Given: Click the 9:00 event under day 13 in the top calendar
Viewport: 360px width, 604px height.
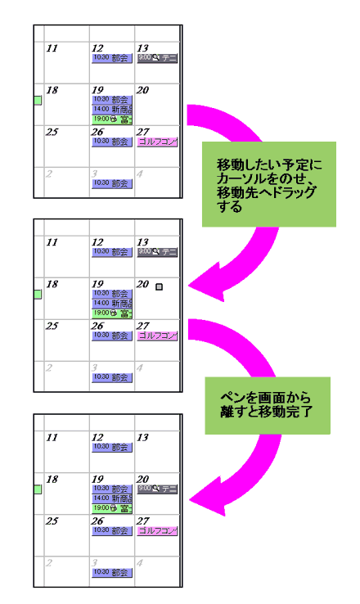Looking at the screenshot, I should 157,58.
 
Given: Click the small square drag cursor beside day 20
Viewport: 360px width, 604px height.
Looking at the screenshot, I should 160,286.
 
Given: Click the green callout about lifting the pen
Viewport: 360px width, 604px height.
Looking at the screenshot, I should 268,405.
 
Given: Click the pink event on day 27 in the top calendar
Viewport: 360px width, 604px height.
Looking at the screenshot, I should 157,142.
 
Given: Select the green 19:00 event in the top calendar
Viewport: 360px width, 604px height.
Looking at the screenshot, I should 112,119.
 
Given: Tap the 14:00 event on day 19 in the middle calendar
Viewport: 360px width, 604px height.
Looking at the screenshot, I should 112,303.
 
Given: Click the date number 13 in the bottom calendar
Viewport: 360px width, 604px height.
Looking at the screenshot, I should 142,438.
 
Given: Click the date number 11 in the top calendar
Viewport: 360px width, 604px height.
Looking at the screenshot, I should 52,48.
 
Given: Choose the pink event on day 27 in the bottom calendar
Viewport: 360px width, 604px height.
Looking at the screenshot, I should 157,530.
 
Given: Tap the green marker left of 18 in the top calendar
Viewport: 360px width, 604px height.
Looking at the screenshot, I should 38,100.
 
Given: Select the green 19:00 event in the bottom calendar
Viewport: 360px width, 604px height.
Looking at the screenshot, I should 112,508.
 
